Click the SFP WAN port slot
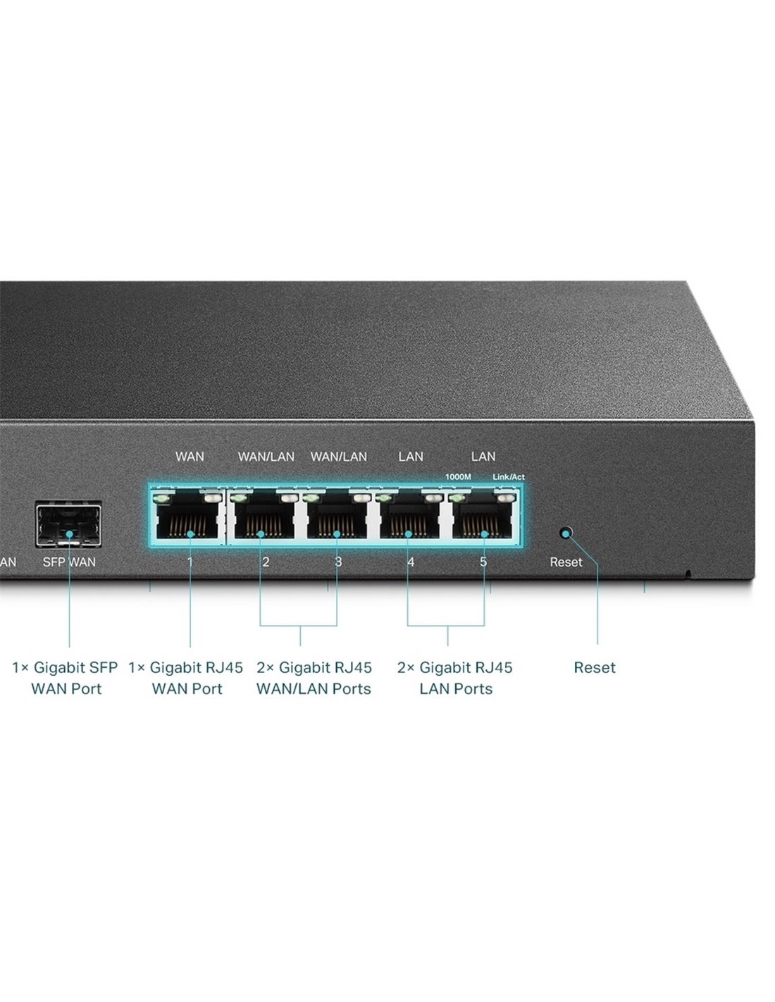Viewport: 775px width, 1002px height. point(68,524)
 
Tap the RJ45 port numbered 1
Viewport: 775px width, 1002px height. point(187,515)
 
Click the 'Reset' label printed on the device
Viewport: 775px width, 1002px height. point(566,562)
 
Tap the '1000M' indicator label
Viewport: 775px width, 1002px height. point(458,477)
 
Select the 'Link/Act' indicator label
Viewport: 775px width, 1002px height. point(509,477)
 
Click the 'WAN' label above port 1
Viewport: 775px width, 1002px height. point(190,457)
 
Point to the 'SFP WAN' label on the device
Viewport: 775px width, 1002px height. point(69,562)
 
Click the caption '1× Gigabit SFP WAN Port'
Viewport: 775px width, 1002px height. point(66,678)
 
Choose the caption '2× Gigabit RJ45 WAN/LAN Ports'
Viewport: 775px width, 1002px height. point(314,678)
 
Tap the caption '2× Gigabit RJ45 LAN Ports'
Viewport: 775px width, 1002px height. point(455,678)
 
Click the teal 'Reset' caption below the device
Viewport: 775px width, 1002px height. point(594,667)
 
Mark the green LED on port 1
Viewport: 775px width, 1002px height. point(163,498)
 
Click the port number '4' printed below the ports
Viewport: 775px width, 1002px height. point(410,562)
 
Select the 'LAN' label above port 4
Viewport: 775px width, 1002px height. point(411,457)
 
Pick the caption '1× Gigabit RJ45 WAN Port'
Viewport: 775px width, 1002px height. point(186,678)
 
